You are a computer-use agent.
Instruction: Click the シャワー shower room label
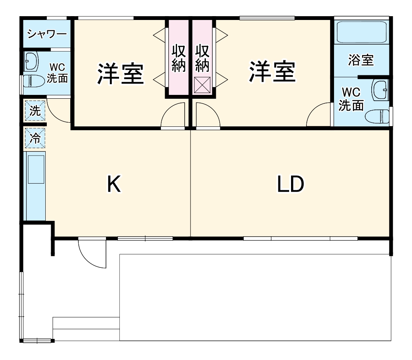click(x=46, y=34)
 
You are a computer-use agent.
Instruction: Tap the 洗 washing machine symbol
click(x=35, y=111)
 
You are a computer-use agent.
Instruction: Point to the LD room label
click(x=291, y=184)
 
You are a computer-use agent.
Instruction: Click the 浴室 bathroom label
click(x=361, y=60)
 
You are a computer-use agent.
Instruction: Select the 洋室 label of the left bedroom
click(x=120, y=73)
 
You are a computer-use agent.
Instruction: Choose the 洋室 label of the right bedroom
click(x=272, y=71)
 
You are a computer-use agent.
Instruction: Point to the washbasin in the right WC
click(x=380, y=90)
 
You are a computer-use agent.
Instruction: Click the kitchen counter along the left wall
click(x=34, y=186)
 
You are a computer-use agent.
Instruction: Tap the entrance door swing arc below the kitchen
click(x=91, y=254)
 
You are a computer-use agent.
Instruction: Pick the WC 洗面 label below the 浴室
click(x=351, y=99)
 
